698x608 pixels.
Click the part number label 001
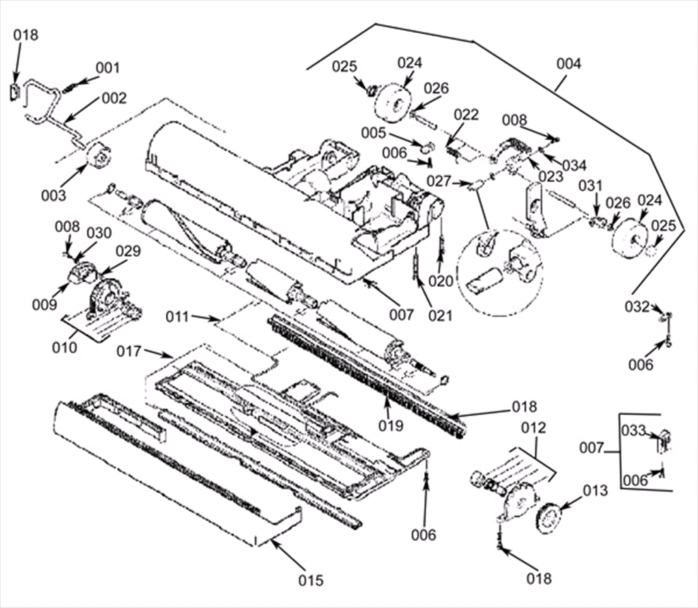tap(108, 68)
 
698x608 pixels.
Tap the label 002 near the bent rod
tap(114, 98)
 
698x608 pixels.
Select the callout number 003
tap(53, 196)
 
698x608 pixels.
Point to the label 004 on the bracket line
tap(569, 64)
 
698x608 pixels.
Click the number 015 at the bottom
tap(311, 581)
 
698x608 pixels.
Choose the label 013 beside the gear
tap(595, 491)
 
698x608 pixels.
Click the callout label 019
tap(391, 425)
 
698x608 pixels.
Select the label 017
tap(129, 351)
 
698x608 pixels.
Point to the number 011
tap(178, 316)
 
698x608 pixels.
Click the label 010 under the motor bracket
tap(65, 348)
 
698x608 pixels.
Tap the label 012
tap(534, 428)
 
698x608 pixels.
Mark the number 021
tap(440, 315)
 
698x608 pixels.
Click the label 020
tap(441, 281)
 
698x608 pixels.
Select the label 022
tap(466, 115)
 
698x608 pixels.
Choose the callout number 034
tap(574, 166)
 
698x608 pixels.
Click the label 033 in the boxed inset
tap(633, 431)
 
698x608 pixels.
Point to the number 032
tap(637, 307)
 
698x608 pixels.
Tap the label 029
tap(128, 252)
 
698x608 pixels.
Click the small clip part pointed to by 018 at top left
tap(14, 92)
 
